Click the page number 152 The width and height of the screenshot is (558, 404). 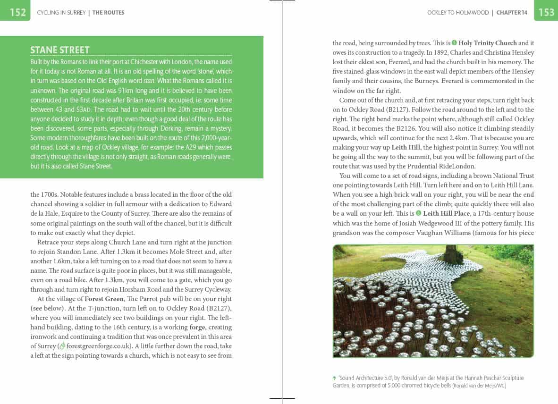[17, 12]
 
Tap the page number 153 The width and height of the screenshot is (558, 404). [546, 12]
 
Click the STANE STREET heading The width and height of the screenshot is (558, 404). [60, 50]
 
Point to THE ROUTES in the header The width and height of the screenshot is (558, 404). [108, 13]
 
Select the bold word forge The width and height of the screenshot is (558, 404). [197, 327]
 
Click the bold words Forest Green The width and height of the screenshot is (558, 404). [104, 299]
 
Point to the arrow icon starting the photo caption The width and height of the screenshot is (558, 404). [335, 378]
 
